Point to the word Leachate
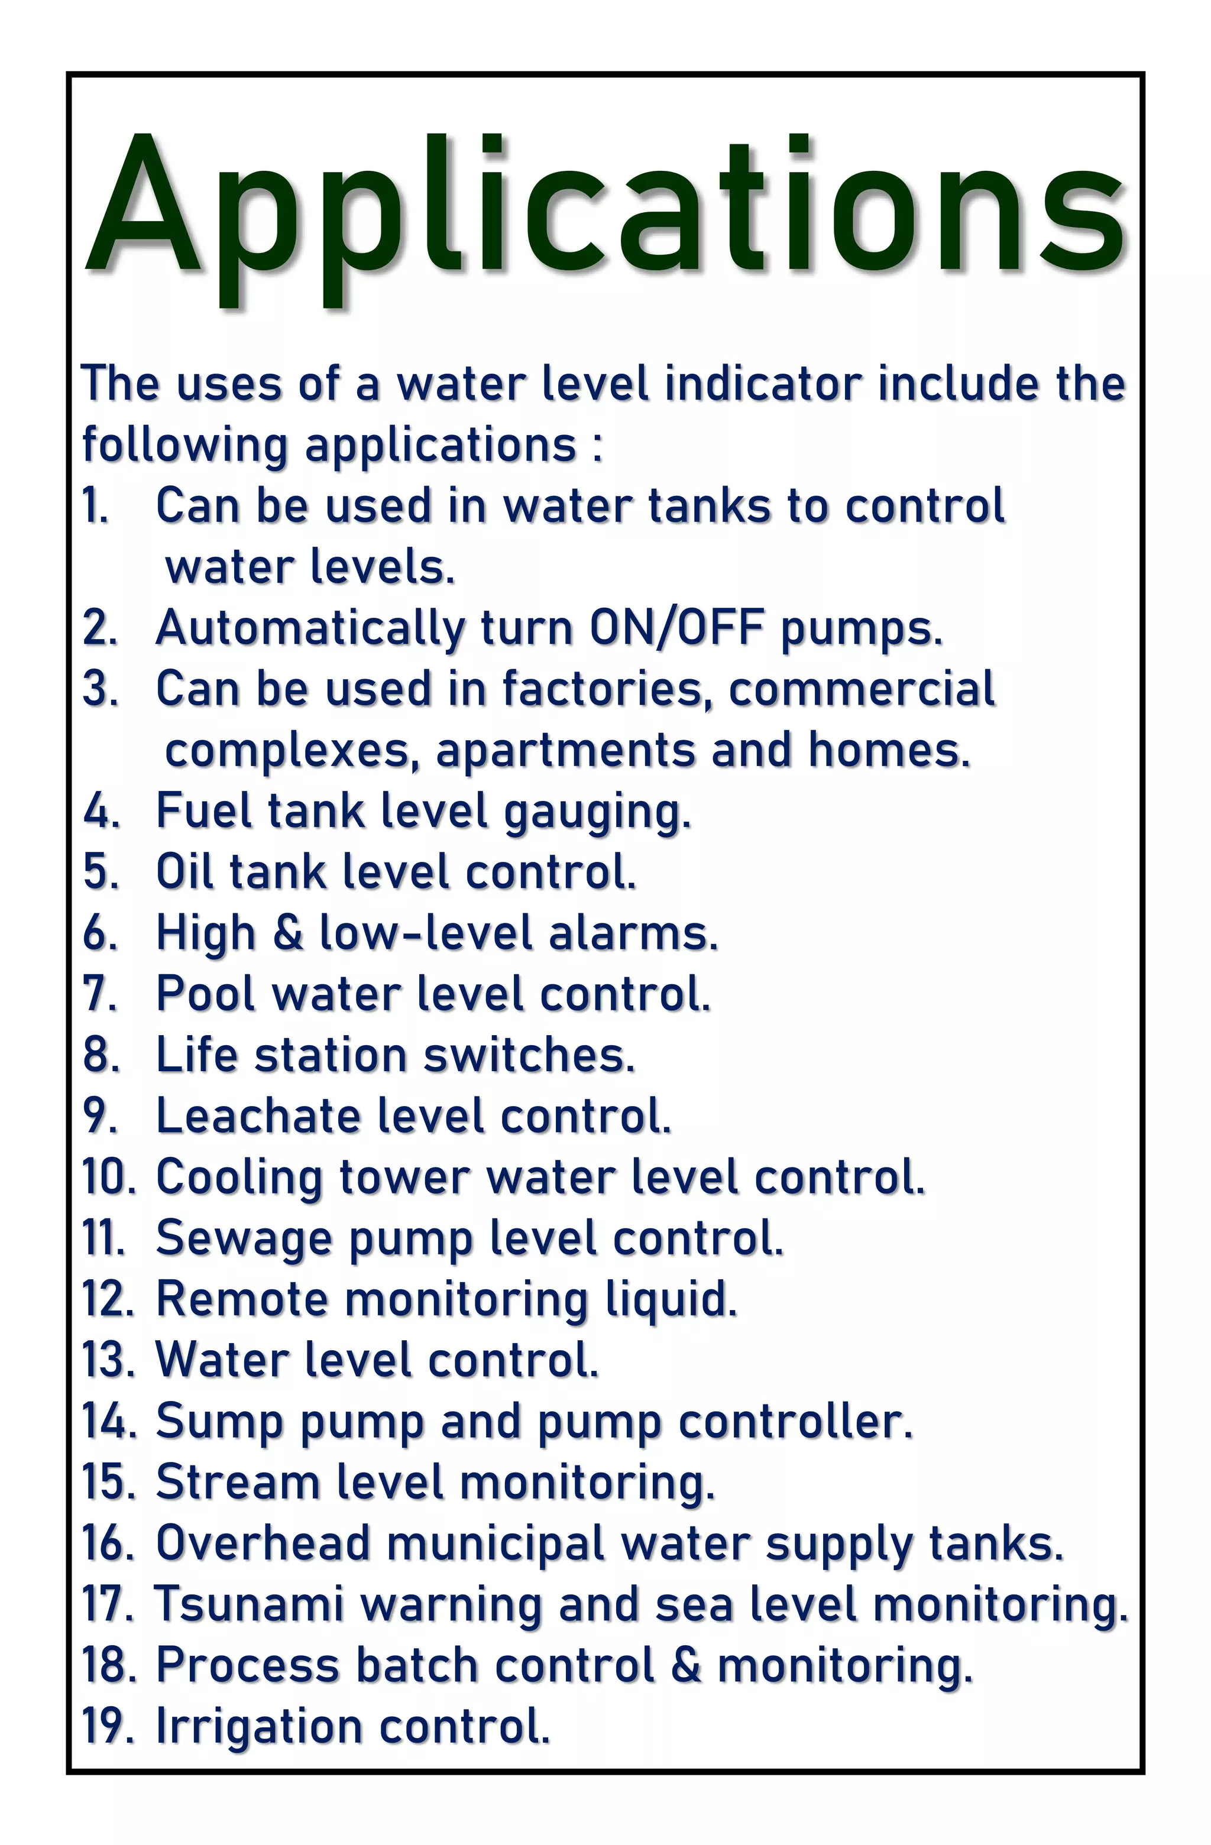pos(259,1116)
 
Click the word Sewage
pos(244,1239)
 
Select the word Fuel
pos(203,811)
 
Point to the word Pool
pos(205,994)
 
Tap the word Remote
pos(242,1299)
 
